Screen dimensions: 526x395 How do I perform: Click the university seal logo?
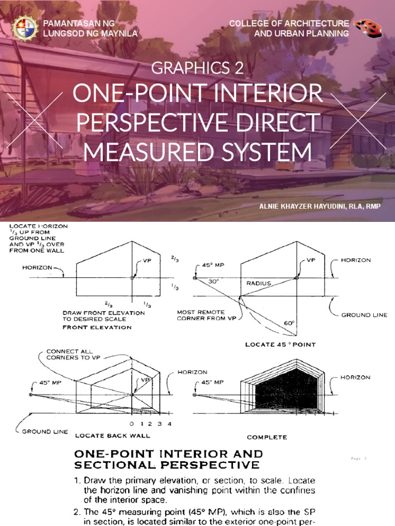pyautogui.click(x=24, y=28)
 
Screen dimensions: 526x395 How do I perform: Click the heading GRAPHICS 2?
pyautogui.click(x=197, y=67)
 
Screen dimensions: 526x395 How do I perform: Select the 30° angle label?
pyautogui.click(x=214, y=281)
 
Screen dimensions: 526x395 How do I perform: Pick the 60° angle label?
pyautogui.click(x=290, y=323)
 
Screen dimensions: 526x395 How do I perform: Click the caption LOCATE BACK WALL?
pyautogui.click(x=113, y=436)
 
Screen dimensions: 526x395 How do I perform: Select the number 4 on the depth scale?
pyautogui.click(x=169, y=424)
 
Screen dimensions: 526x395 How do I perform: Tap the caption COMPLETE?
pyautogui.click(x=267, y=437)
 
